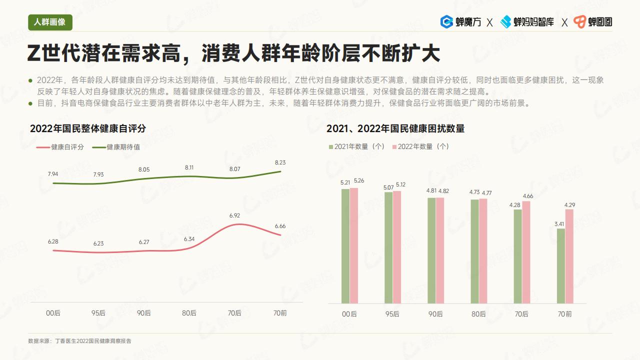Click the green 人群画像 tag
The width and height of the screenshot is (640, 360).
pos(50,22)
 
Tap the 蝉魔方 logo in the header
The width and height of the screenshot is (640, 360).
pos(460,22)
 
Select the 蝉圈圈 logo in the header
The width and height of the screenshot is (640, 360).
pos(593,22)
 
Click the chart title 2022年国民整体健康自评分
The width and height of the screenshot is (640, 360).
pos(88,128)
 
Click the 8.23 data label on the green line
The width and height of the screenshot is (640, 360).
pos(280,162)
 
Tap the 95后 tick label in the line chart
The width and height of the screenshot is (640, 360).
pos(98,313)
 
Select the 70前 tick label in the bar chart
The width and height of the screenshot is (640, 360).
pos(565,314)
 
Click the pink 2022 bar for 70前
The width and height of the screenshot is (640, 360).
pos(569,256)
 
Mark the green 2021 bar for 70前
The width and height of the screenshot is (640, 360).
pos(560,266)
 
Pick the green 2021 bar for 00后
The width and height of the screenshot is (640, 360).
pos(345,246)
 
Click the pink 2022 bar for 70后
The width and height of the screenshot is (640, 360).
pos(526,252)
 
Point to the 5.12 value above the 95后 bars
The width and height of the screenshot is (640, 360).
pos(400,184)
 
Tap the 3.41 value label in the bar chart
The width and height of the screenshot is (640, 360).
pos(559,223)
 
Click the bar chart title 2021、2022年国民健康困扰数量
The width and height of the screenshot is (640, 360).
pos(395,128)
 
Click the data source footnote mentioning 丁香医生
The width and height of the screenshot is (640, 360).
pos(80,341)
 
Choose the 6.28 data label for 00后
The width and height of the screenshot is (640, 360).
pos(53,241)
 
